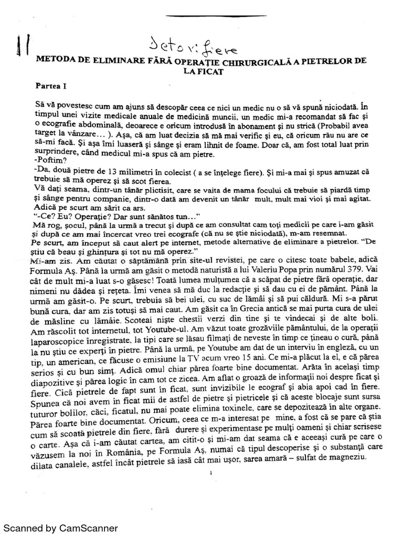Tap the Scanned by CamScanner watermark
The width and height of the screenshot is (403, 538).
point(61,528)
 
